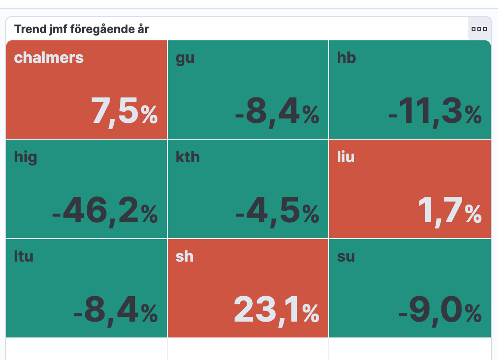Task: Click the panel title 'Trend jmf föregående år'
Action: click(82, 29)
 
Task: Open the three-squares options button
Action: click(479, 29)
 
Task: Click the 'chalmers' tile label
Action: click(49, 58)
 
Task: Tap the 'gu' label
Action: click(185, 59)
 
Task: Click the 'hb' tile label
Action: click(346, 58)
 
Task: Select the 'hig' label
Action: click(25, 157)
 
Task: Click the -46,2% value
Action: click(104, 212)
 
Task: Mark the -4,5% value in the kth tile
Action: click(277, 212)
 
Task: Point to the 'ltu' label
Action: click(24, 256)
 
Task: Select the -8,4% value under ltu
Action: click(115, 311)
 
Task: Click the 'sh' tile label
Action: click(184, 256)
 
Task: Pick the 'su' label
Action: click(346, 257)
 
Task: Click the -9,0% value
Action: click(439, 311)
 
